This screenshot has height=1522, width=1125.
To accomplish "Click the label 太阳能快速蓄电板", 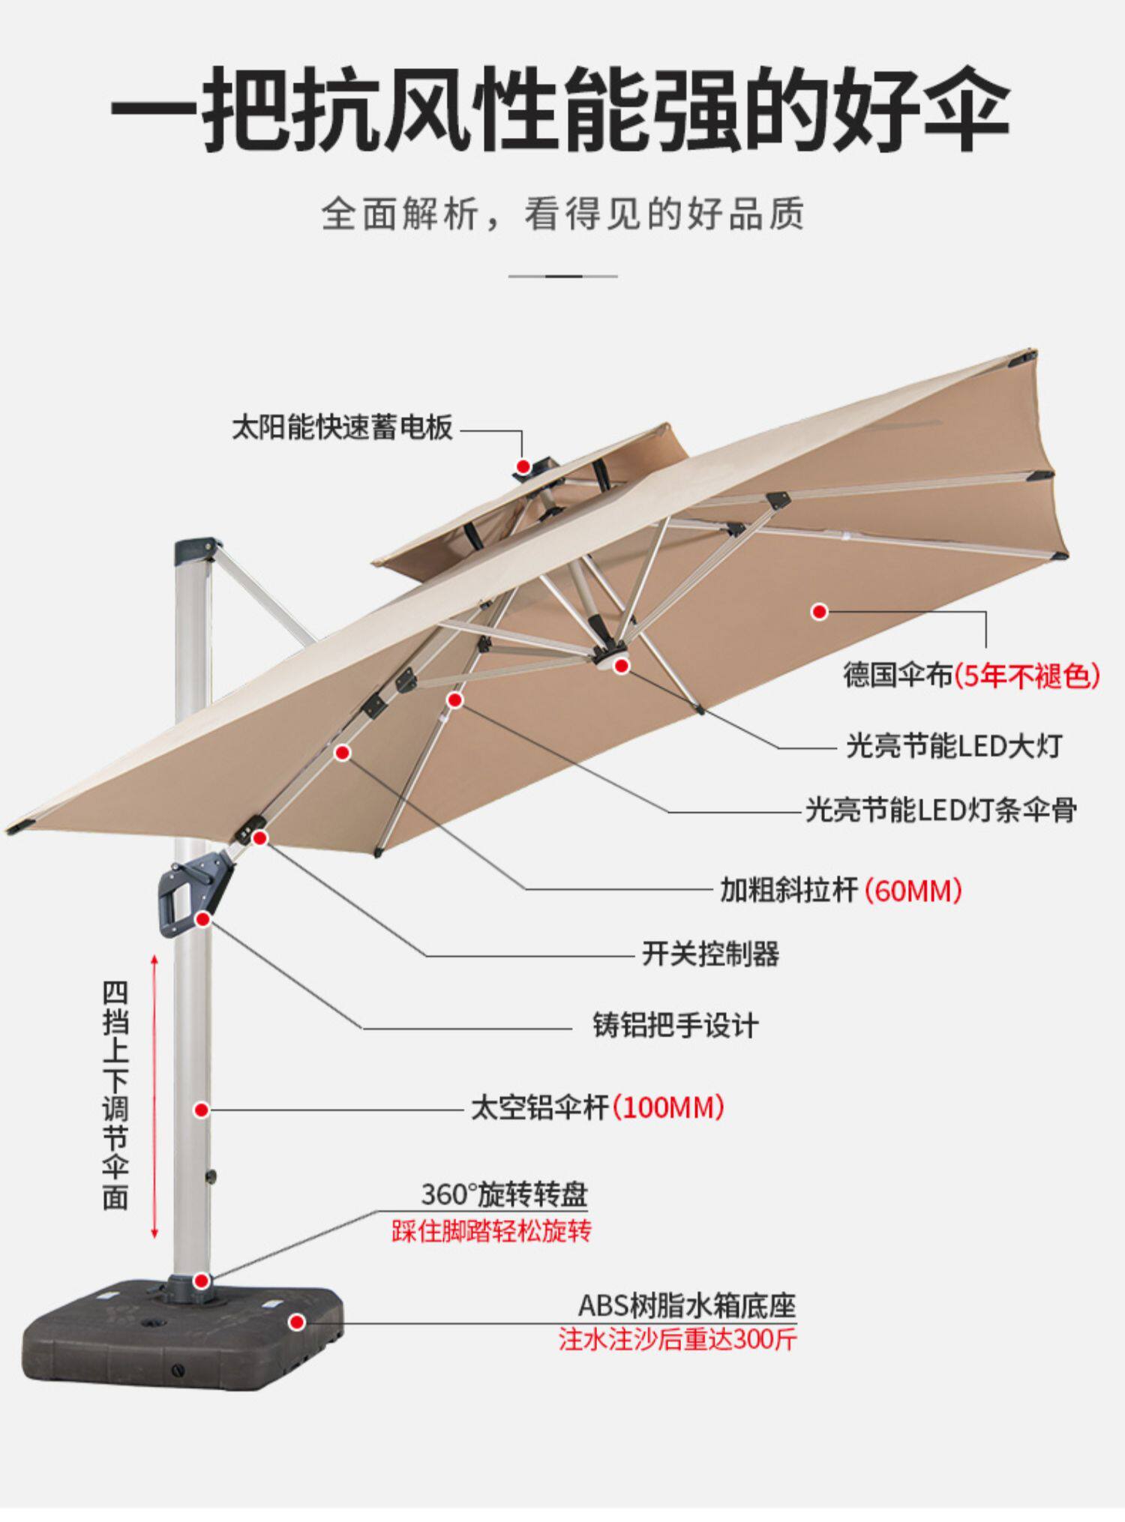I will [342, 428].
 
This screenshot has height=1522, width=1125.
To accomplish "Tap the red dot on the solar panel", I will [523, 466].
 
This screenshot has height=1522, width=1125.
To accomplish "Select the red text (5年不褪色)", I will [1027, 676].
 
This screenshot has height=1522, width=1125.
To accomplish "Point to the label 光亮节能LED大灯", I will [954, 746].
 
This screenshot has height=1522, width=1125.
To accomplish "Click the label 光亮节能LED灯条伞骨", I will [941, 810].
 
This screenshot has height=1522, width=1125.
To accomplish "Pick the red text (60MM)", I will [913, 891].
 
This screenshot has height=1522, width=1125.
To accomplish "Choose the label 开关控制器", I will [710, 954].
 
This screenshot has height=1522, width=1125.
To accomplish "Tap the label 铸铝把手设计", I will [676, 1026].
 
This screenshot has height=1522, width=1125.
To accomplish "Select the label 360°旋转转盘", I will [504, 1194].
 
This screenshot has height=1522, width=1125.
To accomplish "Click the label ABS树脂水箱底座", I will [686, 1305].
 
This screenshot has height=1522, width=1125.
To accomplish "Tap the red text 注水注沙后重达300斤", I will [678, 1339].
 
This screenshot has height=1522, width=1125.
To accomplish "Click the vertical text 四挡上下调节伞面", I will [115, 1095].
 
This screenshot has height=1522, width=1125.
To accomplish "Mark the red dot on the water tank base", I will [297, 1323].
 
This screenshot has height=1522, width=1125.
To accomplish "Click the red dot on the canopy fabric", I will [820, 612].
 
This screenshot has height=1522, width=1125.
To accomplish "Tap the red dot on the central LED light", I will [621, 664].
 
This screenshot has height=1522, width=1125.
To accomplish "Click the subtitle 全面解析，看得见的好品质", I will [562, 214].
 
